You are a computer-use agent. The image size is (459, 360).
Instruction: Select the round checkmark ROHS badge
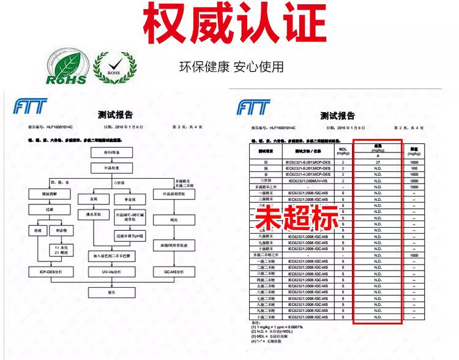point(114,68)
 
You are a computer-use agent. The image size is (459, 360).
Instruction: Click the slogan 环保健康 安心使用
point(231,67)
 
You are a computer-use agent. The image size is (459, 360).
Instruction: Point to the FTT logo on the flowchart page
point(29,108)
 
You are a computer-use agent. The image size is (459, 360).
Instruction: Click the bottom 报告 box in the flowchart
point(111,293)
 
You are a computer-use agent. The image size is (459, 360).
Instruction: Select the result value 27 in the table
point(378,162)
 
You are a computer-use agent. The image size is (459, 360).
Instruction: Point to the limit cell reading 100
point(414,168)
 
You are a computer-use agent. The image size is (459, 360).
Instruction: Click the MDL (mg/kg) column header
point(343,150)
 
